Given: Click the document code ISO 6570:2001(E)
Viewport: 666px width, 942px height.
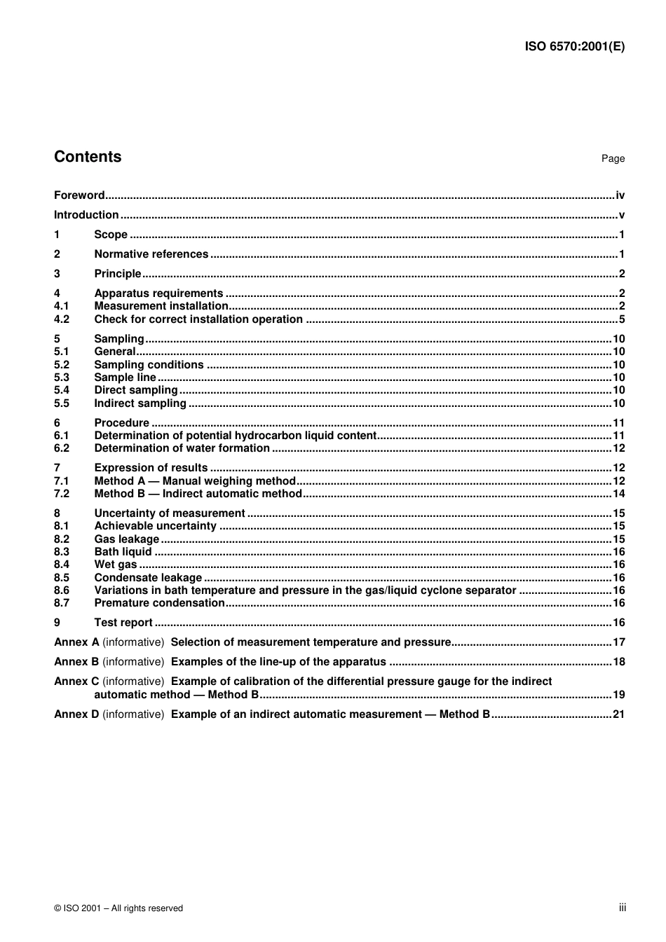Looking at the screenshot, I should (x=574, y=47).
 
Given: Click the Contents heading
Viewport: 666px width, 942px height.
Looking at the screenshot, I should (x=88, y=157).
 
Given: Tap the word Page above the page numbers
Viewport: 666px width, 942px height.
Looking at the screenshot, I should (x=613, y=159).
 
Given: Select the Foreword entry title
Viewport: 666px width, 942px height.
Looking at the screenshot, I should (x=79, y=195).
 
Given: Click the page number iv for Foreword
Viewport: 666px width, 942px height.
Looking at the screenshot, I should (x=620, y=195).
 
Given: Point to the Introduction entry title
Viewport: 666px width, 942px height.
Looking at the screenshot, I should (x=86, y=215).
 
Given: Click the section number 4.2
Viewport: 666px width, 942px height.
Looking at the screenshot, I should (x=62, y=319).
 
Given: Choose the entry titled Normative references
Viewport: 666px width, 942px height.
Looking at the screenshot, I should (x=151, y=254).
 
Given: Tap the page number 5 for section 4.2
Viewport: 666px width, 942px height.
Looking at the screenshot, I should (x=621, y=319).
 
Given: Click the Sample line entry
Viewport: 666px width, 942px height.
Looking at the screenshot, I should (x=125, y=378).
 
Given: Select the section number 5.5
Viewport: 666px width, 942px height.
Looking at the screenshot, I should (x=62, y=403).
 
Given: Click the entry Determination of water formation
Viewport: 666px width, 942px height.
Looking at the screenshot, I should (x=182, y=448).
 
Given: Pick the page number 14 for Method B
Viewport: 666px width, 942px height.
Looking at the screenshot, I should (x=618, y=494).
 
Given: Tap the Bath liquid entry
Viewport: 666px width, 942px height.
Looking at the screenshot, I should (x=123, y=552).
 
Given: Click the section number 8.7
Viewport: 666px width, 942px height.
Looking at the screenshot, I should (x=62, y=603).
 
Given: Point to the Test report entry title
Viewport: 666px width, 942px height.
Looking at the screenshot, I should (x=123, y=623).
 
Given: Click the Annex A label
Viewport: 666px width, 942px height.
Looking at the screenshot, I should (x=76, y=642).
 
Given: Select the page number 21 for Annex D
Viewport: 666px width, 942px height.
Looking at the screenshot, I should (x=618, y=714).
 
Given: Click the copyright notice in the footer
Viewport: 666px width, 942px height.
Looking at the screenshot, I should (x=118, y=908).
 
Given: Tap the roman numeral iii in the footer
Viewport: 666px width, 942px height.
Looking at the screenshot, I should (x=622, y=908).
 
